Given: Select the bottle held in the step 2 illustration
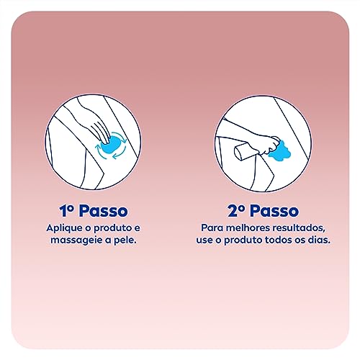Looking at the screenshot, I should tap(240, 154).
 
